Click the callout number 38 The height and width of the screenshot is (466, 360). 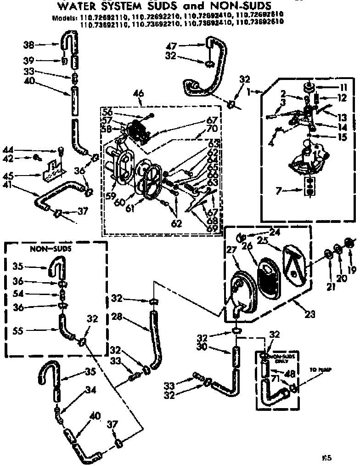[x=28, y=45]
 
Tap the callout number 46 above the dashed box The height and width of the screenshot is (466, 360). [x=138, y=94]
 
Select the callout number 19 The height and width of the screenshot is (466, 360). [x=351, y=270]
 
